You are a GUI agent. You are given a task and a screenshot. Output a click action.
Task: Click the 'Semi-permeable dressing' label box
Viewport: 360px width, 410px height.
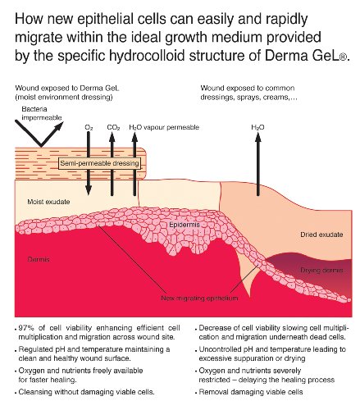(x=100, y=163)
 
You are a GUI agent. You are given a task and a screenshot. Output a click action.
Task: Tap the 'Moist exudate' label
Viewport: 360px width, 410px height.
(x=48, y=202)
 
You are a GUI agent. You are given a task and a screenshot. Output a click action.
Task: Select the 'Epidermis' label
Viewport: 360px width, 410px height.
(x=185, y=225)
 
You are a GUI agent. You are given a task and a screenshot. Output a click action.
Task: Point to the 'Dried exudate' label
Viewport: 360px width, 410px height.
(x=321, y=235)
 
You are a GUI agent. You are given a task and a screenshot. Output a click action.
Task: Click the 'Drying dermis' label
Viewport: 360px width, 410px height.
(x=321, y=270)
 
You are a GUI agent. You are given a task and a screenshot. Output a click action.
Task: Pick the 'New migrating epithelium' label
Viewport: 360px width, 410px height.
(x=199, y=298)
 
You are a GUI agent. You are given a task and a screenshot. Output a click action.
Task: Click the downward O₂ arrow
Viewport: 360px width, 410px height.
(x=89, y=163)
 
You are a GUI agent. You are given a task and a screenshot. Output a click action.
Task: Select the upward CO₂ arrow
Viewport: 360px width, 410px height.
(x=112, y=164)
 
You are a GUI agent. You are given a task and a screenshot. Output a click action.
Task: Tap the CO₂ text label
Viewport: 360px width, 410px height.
(x=113, y=127)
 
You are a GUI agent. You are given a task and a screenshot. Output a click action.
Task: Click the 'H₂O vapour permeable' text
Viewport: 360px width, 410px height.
(x=164, y=127)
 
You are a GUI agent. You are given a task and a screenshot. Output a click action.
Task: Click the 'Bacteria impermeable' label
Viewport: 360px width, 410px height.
(x=42, y=113)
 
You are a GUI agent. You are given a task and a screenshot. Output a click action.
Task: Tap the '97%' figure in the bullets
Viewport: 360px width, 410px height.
(x=26, y=328)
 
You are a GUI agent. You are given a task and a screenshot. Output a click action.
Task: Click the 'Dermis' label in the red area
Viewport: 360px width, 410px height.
(x=39, y=259)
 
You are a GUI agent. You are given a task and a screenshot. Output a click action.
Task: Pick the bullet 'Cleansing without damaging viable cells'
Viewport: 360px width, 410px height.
(x=86, y=392)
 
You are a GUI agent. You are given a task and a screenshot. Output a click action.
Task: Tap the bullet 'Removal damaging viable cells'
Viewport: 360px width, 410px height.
(x=251, y=392)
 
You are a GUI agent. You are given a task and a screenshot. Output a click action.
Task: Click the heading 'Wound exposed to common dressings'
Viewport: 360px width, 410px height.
(x=248, y=93)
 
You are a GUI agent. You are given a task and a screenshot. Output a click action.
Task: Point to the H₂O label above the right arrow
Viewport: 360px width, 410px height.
(x=257, y=127)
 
